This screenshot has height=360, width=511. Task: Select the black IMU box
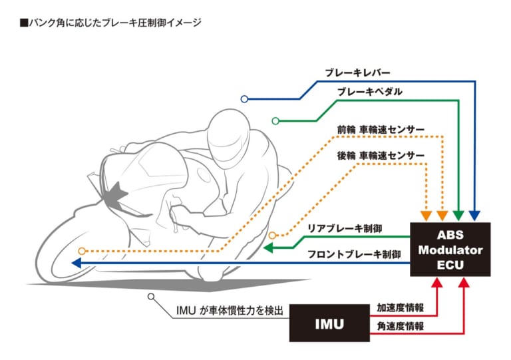[x=329, y=325]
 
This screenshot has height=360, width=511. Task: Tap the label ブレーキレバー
[x=357, y=72]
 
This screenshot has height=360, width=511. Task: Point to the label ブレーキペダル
[x=369, y=92]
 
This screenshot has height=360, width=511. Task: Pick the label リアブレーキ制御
[x=344, y=228]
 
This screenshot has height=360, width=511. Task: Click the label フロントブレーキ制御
[x=353, y=254]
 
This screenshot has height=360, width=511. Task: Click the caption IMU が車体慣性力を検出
[x=230, y=310]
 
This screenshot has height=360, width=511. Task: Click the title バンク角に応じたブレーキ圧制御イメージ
[x=110, y=23]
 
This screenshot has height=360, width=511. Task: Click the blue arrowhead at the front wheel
[x=76, y=263]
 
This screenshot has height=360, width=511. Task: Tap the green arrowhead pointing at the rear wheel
[x=267, y=248]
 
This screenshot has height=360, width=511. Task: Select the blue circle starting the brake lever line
[x=244, y=99]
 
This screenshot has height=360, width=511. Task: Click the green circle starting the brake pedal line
[x=275, y=120]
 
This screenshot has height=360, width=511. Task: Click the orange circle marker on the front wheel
[x=82, y=251]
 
